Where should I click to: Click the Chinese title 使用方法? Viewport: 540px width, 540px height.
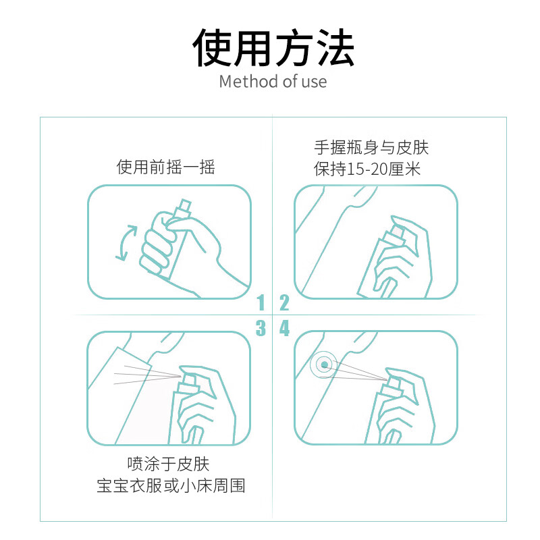[273, 48]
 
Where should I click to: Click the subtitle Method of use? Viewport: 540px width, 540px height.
[273, 82]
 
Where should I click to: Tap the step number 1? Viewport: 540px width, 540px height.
[261, 302]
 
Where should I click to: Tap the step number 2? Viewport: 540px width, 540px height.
[284, 302]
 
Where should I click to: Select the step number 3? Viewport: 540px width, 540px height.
[261, 329]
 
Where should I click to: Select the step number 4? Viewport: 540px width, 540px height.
[284, 329]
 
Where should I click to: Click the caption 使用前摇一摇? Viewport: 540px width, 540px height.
[166, 167]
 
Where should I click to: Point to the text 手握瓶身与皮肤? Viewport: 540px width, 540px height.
[371, 147]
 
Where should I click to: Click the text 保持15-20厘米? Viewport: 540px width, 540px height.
[367, 169]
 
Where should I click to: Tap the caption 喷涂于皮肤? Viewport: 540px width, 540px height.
[169, 464]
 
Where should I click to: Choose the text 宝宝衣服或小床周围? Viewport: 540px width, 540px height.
[171, 486]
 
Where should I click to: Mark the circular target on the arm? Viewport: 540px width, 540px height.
[325, 365]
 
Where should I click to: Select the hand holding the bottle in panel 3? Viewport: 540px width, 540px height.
[199, 405]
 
